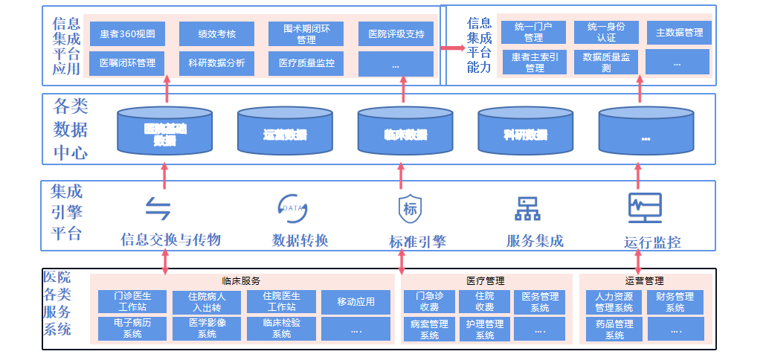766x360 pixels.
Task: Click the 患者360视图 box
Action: pyautogui.click(x=127, y=33)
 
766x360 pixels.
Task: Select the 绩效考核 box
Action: pyautogui.click(x=216, y=33)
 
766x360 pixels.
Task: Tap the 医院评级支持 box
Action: pyautogui.click(x=396, y=33)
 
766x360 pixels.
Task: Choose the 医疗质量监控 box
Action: pyautogui.click(x=306, y=63)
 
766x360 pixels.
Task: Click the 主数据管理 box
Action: pyautogui.click(x=678, y=33)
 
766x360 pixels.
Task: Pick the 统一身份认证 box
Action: pyautogui.click(x=606, y=32)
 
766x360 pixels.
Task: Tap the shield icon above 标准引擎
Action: pyautogui.click(x=410, y=209)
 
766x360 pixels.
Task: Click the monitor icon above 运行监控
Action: pyautogui.click(x=644, y=208)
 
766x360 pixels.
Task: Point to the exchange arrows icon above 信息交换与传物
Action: pyautogui.click(x=158, y=209)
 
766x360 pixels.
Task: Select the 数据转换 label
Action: pyautogui.click(x=300, y=241)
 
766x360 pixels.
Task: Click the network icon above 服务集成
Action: pyautogui.click(x=528, y=209)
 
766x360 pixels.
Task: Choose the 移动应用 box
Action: pyautogui.click(x=355, y=302)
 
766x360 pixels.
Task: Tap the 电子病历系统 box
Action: pyautogui.click(x=132, y=329)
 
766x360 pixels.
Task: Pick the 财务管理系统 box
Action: pyautogui.click(x=675, y=302)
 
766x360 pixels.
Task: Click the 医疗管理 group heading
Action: pyautogui.click(x=486, y=281)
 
